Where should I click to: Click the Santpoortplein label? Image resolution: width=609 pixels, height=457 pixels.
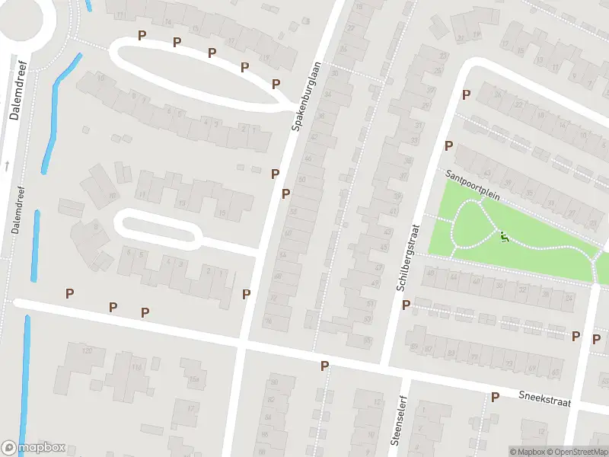coord(473,184)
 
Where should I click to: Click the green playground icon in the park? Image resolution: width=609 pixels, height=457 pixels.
coord(505,238)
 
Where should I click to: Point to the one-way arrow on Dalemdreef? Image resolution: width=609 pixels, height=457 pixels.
coord(7,165)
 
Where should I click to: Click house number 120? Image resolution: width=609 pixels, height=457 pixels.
coord(88,350)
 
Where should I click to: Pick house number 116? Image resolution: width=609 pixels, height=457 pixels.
coord(137,368)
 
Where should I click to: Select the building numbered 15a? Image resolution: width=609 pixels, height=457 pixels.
coord(193,379)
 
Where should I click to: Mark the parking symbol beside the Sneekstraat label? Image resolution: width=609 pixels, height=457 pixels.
coord(495,397)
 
